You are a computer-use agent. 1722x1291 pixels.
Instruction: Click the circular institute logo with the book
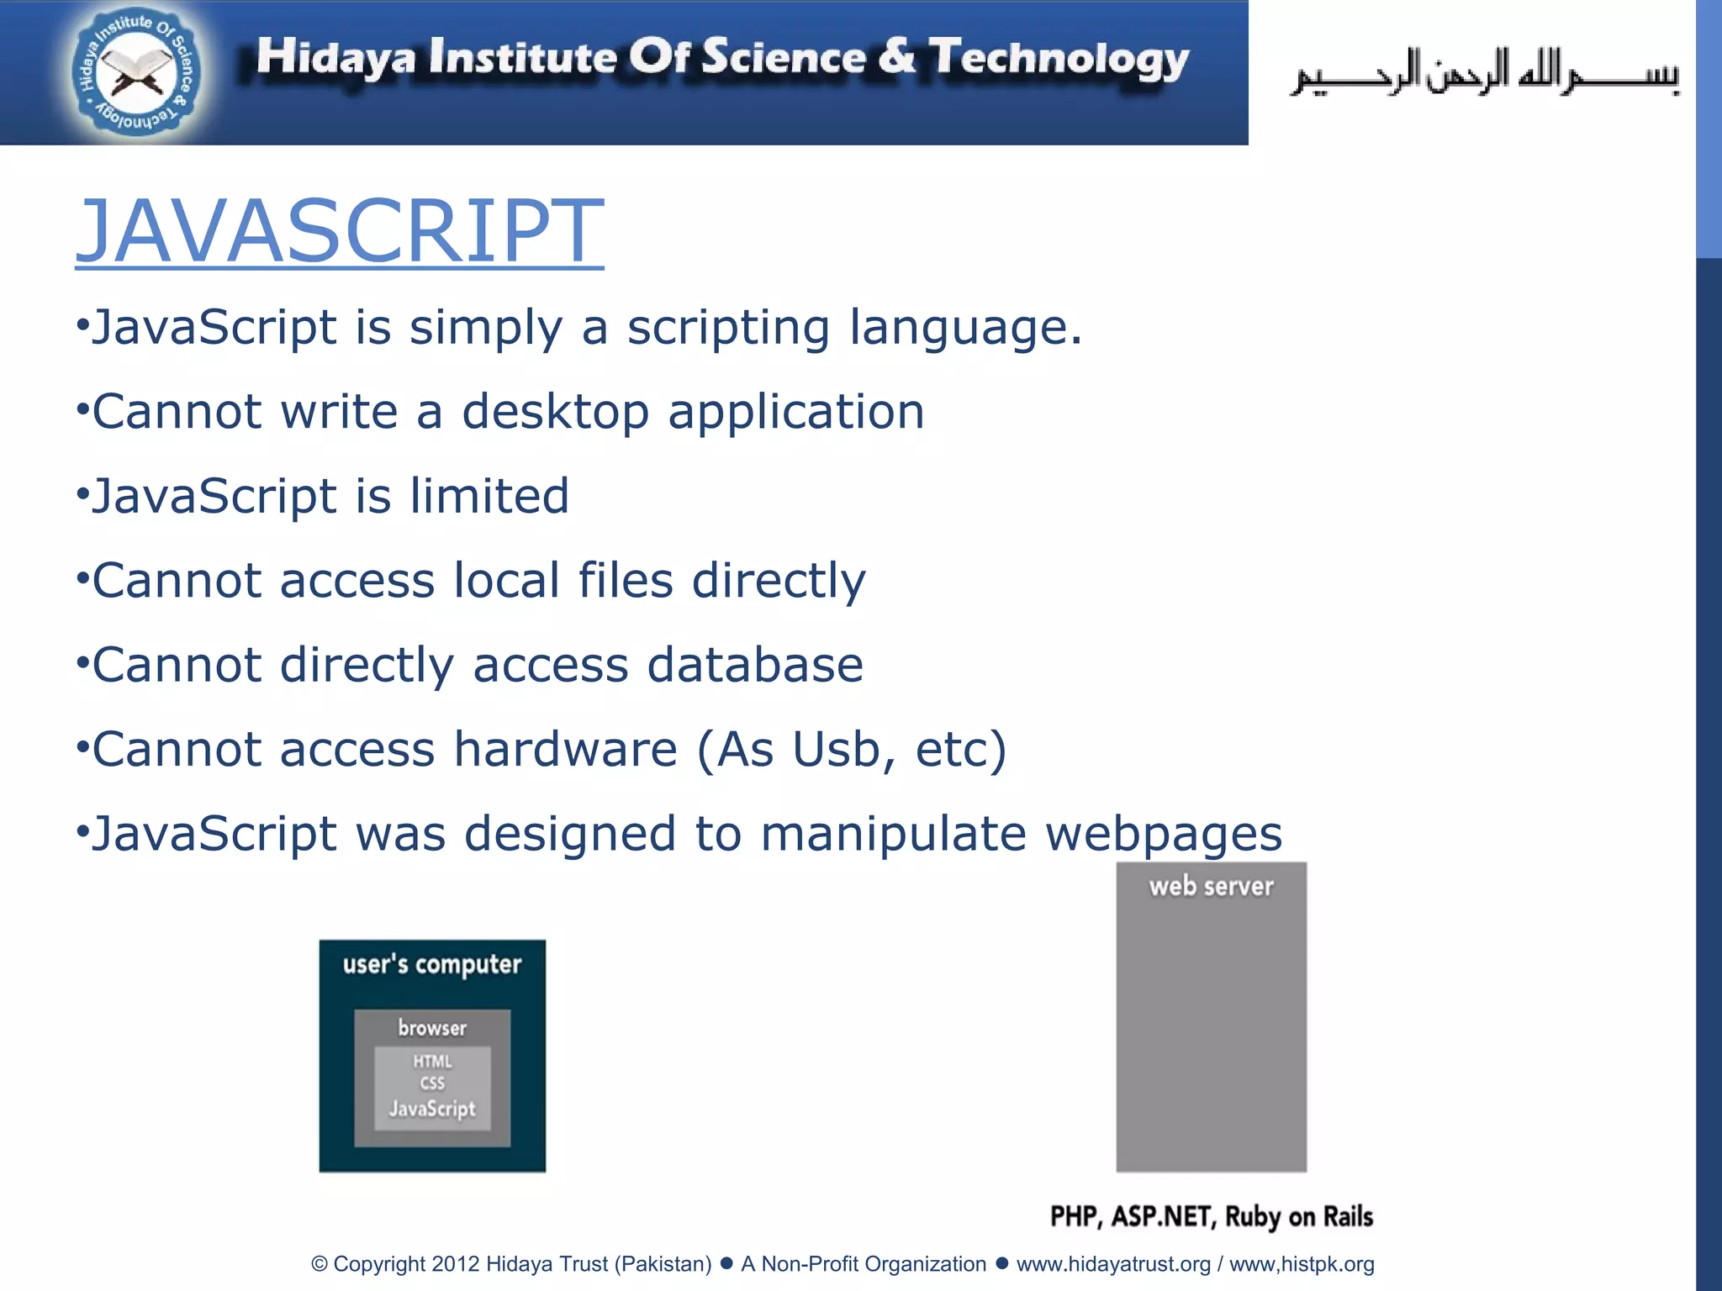click(x=137, y=74)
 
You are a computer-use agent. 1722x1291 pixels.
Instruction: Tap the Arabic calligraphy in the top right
click(x=1483, y=74)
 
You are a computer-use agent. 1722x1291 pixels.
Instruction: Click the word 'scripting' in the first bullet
click(x=728, y=328)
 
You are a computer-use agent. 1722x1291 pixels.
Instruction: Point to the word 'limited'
click(x=489, y=496)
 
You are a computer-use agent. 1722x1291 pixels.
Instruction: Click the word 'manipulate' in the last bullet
click(x=893, y=834)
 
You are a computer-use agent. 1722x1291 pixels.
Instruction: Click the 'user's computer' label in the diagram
click(x=432, y=965)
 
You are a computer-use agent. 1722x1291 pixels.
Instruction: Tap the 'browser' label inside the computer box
click(x=432, y=1028)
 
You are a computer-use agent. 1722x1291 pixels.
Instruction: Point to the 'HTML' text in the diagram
click(x=432, y=1062)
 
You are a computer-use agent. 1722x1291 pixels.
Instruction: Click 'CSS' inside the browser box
click(x=432, y=1083)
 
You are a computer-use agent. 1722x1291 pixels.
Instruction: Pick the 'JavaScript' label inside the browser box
click(x=432, y=1109)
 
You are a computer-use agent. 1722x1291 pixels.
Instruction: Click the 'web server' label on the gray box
click(x=1211, y=887)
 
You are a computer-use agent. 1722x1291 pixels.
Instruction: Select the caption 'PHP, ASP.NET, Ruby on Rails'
click(x=1211, y=1216)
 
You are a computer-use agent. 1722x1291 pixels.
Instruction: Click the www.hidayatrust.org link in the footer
click(x=1113, y=1264)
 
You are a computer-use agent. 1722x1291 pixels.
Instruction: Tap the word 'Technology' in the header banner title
click(x=1059, y=59)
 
